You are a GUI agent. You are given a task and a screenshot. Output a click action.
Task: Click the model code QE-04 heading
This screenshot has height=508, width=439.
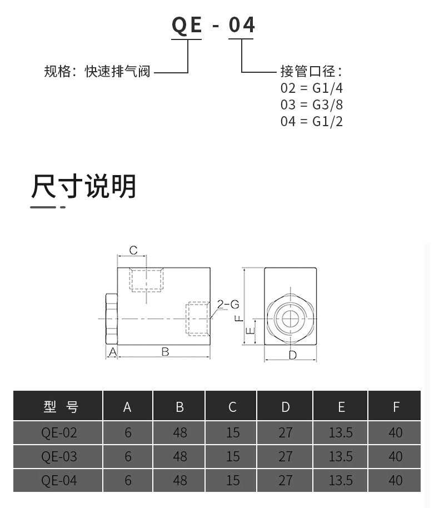pyautogui.click(x=213, y=25)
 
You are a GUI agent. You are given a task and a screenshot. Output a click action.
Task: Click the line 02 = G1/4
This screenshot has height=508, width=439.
pyautogui.click(x=311, y=88)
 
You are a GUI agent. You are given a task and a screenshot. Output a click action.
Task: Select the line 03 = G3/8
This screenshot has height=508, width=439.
pyautogui.click(x=311, y=105)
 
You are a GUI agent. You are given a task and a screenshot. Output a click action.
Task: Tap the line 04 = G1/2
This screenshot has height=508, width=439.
pyautogui.click(x=311, y=122)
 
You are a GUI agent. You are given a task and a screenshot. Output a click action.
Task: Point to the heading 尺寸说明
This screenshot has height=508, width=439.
pyautogui.click(x=83, y=187)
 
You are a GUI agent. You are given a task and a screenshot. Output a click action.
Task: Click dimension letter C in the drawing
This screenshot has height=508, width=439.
pyautogui.click(x=133, y=251)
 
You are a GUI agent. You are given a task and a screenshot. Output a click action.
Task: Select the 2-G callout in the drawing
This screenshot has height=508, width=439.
pyautogui.click(x=228, y=304)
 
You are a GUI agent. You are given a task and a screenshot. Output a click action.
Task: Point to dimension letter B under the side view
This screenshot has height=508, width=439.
pyautogui.click(x=165, y=352)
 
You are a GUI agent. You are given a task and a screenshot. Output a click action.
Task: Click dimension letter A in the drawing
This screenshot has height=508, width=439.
pyautogui.click(x=112, y=352)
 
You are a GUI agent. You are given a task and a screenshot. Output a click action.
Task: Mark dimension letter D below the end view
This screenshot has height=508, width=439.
pyautogui.click(x=292, y=355)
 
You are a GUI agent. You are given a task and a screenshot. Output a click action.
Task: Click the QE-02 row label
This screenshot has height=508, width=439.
pyautogui.click(x=59, y=432)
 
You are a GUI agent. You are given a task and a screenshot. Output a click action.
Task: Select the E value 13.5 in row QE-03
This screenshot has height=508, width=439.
pyautogui.click(x=341, y=456)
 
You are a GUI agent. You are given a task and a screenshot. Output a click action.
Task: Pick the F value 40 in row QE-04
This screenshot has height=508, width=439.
pyautogui.click(x=396, y=480)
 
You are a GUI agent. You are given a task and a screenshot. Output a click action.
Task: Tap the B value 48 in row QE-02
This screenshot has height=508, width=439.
pyautogui.click(x=180, y=432)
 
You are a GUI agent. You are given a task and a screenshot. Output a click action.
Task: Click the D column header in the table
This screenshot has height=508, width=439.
pyautogui.click(x=286, y=407)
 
